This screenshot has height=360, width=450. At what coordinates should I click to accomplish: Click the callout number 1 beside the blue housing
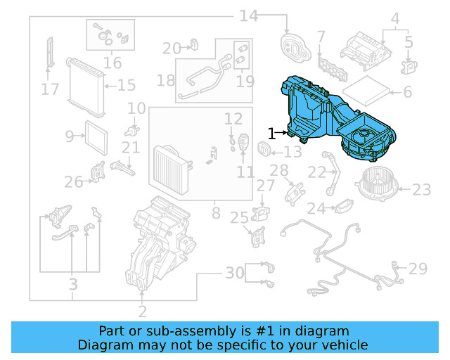coord(271,131)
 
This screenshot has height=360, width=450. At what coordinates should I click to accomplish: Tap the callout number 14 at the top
coord(249,15)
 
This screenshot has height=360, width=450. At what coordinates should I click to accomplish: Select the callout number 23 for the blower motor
coord(421,190)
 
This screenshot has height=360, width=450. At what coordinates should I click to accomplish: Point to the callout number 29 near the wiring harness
coord(418,268)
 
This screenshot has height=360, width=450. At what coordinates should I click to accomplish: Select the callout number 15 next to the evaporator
coord(126,86)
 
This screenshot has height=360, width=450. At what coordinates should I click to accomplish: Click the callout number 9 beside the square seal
coord(70,136)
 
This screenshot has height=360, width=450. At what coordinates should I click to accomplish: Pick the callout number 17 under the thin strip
coord(49,90)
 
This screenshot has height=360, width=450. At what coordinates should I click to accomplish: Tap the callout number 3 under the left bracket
coord(72,285)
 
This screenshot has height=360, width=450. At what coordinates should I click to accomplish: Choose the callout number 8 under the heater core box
coord(216,212)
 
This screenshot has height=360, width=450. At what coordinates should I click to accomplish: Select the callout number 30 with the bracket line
coord(235,273)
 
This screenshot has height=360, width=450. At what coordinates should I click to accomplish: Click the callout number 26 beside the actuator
coord(74,183)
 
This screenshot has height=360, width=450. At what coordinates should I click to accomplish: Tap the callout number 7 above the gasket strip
coord(321,36)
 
